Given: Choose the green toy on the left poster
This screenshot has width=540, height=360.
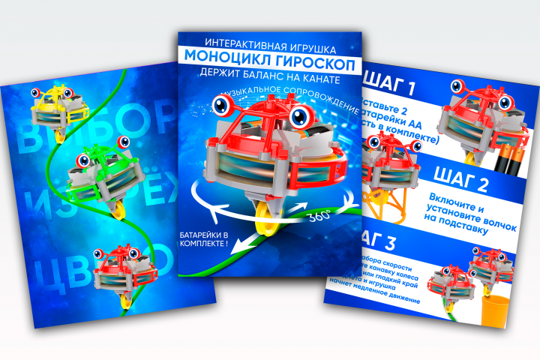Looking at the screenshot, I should [97, 172].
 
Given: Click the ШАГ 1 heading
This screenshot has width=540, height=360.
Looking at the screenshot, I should [394, 82].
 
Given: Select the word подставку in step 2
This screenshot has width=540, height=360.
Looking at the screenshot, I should [464, 231].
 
